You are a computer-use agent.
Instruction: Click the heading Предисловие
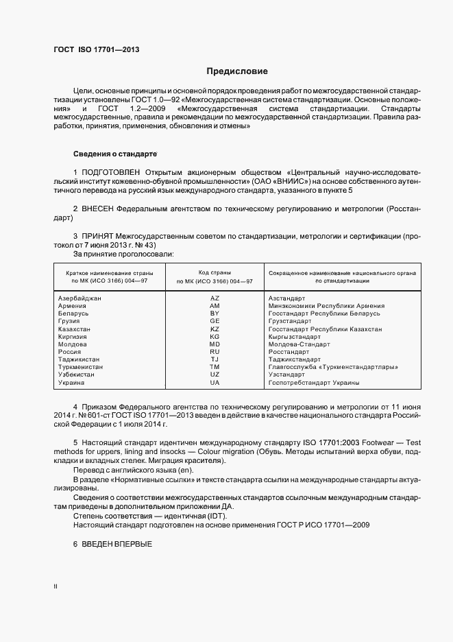click(237, 71)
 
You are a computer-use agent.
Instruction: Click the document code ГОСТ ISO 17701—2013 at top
click(96, 49)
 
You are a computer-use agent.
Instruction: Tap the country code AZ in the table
click(215, 298)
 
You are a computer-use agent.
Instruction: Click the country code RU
click(215, 352)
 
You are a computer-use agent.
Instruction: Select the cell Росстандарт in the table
click(289, 352)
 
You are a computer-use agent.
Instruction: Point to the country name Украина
click(73, 383)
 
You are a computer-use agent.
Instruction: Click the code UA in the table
click(215, 383)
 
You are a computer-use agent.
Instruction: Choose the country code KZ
click(215, 329)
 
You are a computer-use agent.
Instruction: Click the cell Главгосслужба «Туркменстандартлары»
click(333, 367)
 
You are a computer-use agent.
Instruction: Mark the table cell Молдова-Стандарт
click(299, 344)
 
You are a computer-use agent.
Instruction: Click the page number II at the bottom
click(56, 587)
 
